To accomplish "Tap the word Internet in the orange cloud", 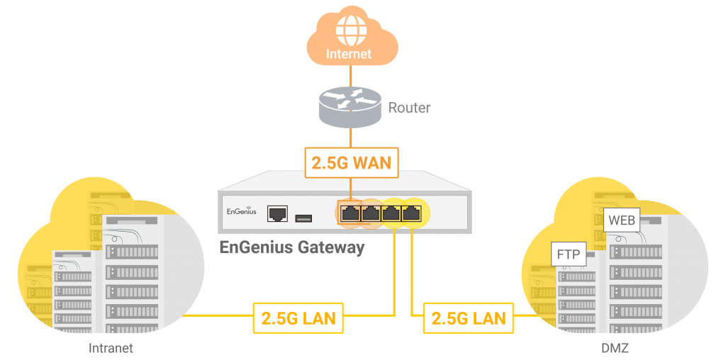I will coord(348,54).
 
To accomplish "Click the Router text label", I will coord(409,108).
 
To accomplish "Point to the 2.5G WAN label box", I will coord(351,162).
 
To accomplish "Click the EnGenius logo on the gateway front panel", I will coord(241,211).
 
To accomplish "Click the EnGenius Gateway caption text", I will coord(291,247).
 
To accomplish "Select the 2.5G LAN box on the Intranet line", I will coord(298,317).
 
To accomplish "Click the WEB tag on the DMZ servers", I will coord(622,220).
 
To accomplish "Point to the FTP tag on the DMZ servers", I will coord(569,254).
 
